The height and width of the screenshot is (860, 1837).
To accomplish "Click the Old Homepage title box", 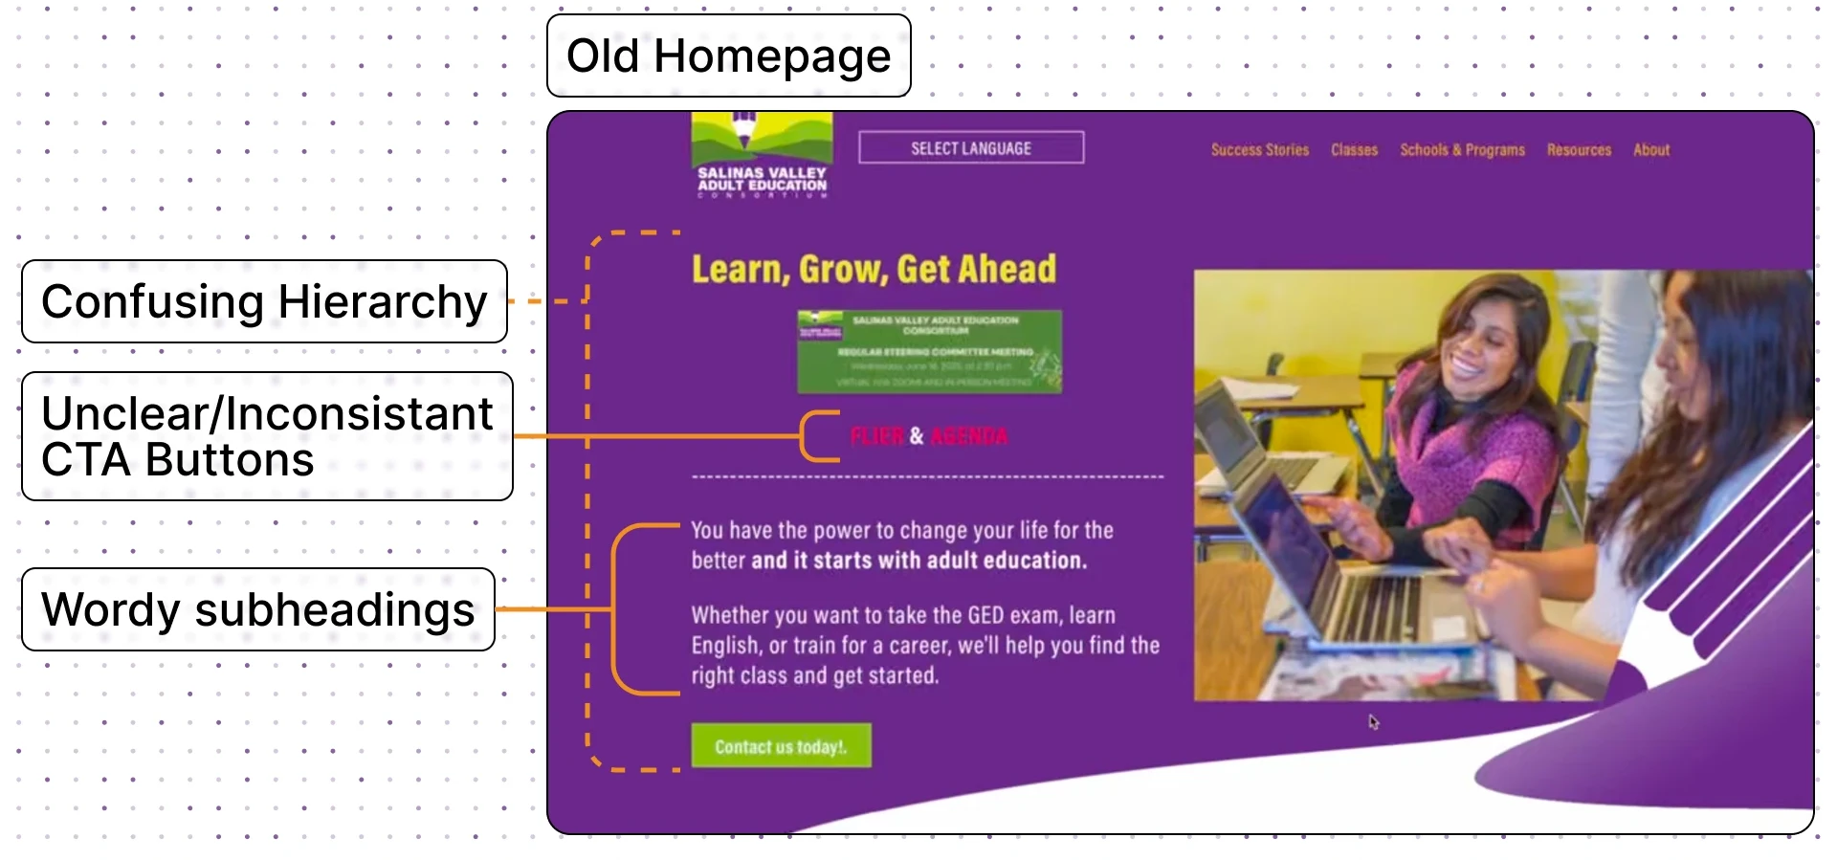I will [x=728, y=55].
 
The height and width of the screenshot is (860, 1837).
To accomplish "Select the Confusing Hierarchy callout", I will [x=264, y=301].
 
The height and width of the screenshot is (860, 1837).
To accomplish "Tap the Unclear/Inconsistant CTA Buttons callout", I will [x=267, y=436].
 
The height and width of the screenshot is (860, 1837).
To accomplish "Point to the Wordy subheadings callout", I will [x=258, y=609].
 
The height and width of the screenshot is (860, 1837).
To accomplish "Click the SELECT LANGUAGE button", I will [x=971, y=148].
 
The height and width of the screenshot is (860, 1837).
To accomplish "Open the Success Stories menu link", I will [x=1259, y=150].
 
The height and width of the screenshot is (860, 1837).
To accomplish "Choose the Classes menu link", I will [x=1354, y=150].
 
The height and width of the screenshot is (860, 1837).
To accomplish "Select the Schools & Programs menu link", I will [x=1462, y=150].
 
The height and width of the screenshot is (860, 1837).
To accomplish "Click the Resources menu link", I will [x=1579, y=150].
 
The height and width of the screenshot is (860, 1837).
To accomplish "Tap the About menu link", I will [x=1651, y=150].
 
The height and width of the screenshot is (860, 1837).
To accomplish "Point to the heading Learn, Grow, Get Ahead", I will [x=874, y=270].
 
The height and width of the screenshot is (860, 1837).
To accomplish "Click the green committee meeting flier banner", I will [x=929, y=351].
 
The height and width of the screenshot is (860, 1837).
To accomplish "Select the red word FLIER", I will [x=876, y=437].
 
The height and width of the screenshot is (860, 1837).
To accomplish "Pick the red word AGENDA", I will [x=968, y=437].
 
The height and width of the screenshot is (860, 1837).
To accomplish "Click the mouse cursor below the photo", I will [x=1373, y=722].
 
